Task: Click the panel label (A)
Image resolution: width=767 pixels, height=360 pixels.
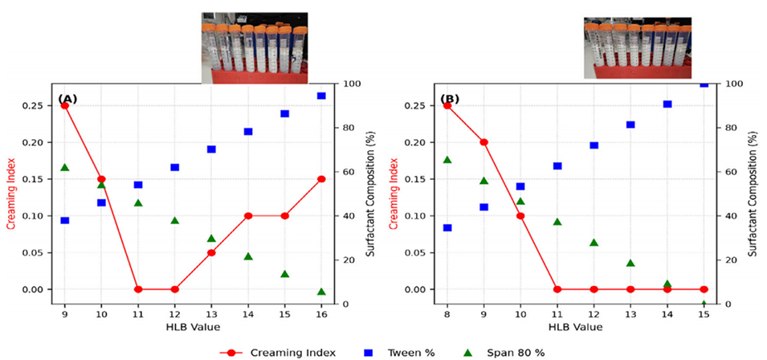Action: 67,99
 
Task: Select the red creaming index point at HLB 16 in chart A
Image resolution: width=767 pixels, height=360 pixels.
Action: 321,179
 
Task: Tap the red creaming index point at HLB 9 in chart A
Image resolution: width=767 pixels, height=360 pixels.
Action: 64,105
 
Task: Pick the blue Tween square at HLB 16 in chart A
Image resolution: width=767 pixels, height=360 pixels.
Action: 321,96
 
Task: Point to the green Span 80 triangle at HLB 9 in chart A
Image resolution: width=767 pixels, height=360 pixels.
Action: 64,167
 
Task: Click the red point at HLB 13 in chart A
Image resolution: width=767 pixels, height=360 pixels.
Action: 211,252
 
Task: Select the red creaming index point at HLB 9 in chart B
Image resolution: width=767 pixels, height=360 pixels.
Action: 483,142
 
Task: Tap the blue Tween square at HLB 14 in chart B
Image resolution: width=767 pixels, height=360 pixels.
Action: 667,104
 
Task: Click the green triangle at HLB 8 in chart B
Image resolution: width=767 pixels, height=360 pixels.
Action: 447,159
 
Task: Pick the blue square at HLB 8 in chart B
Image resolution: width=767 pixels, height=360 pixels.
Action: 447,227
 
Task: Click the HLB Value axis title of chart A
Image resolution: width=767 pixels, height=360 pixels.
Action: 193,328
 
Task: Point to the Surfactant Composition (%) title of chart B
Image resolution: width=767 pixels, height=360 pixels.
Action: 751,194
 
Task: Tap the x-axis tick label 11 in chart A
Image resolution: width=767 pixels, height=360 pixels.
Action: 138,314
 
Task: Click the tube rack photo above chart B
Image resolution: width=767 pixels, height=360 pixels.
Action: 637,46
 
